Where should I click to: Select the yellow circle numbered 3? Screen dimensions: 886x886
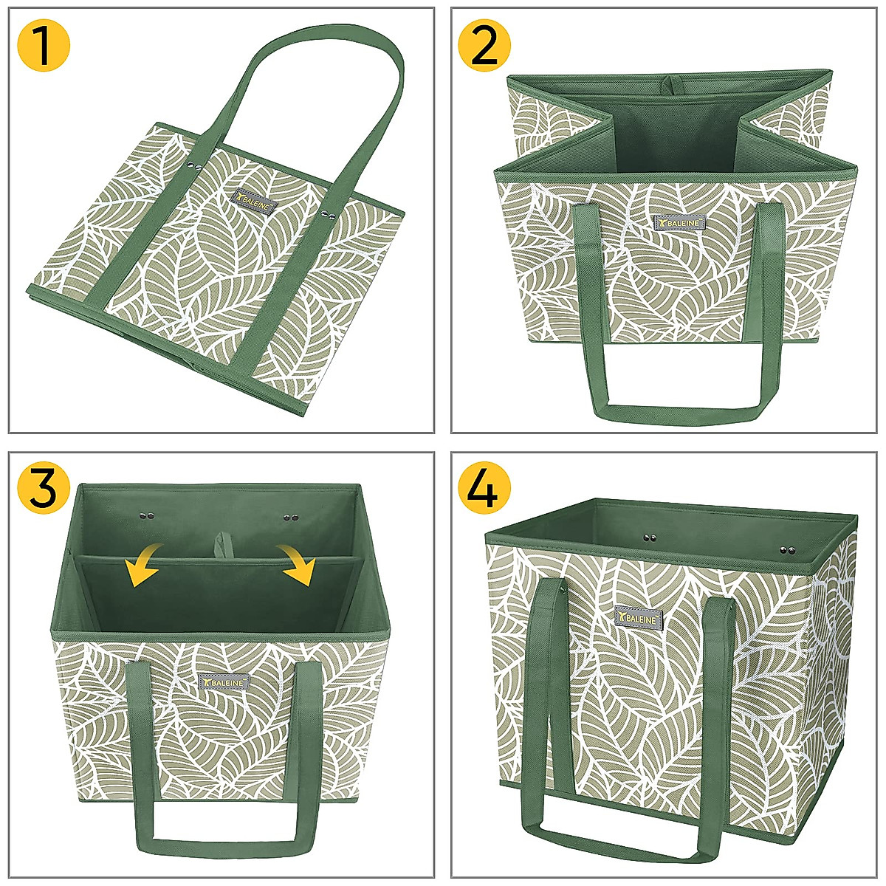pyautogui.click(x=44, y=488)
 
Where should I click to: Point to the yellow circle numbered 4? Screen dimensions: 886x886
pyautogui.click(x=484, y=488)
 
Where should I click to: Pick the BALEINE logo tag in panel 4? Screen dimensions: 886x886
pyautogui.click(x=639, y=617)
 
